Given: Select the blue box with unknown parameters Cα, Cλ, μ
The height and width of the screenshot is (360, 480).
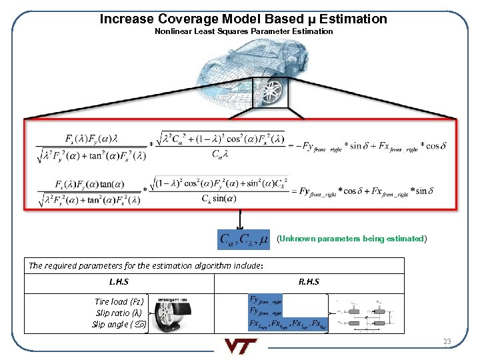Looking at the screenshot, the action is (244, 239).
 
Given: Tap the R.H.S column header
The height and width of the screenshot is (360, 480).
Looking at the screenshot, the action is (309, 281).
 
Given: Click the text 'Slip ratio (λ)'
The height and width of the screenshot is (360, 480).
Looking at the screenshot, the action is (119, 313).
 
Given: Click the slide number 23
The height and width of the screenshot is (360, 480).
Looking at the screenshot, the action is (447, 342).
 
